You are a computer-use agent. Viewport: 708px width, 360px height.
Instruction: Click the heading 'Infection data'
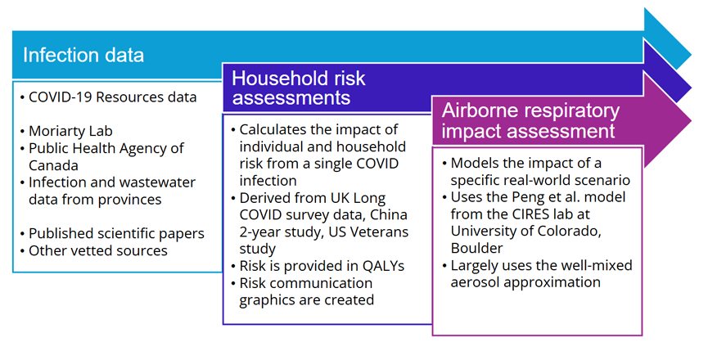[83, 56]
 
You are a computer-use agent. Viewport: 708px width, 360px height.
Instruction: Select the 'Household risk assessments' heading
[299, 88]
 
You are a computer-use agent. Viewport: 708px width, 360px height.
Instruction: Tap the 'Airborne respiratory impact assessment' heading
[530, 121]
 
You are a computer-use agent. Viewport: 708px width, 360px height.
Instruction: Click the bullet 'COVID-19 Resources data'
[112, 97]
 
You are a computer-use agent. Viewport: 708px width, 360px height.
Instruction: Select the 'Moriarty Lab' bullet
[70, 131]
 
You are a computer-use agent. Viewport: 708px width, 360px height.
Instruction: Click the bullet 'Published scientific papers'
[116, 233]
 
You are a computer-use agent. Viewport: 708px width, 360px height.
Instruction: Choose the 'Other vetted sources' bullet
[97, 250]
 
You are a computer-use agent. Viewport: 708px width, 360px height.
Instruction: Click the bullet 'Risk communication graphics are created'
[305, 291]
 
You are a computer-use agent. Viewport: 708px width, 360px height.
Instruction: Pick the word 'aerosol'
[476, 282]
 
